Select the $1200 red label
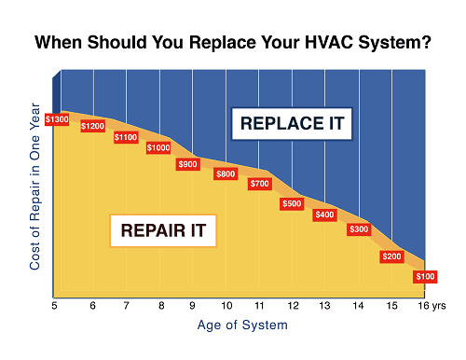pos(93,126)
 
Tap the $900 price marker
pos(189,164)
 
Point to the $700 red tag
pos(260,184)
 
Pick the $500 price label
pos(292,203)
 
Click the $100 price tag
pos(424,277)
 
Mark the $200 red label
pos(391,256)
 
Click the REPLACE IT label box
pos(292,123)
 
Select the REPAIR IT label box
pos(163,228)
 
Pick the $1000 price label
pos(158,147)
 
